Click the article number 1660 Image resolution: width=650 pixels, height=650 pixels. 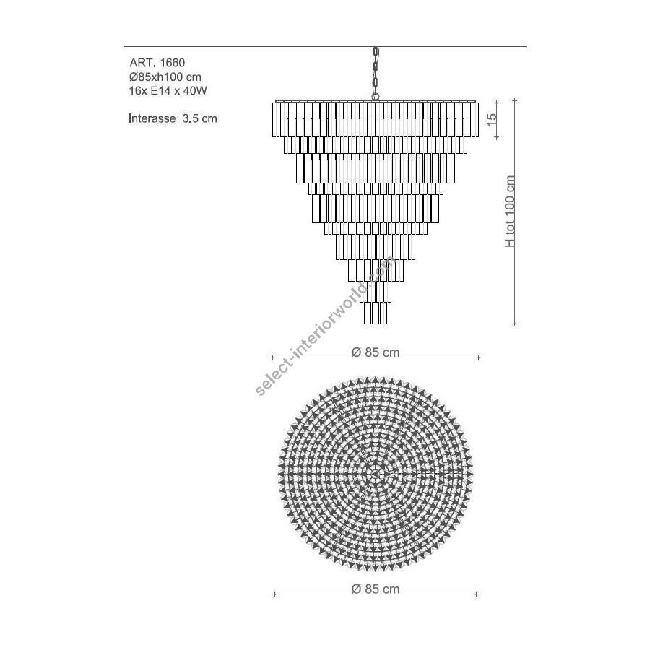click(x=173, y=63)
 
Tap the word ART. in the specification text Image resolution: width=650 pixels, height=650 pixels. click(x=142, y=63)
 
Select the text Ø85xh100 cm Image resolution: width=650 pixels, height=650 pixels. click(x=165, y=77)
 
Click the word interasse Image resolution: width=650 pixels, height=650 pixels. click(x=152, y=118)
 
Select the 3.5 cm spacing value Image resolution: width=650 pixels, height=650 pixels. click(x=200, y=118)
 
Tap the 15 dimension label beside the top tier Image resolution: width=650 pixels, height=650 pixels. click(x=491, y=119)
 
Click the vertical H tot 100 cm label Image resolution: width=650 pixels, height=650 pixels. click(x=510, y=212)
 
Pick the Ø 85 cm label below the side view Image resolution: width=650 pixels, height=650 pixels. click(x=376, y=352)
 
